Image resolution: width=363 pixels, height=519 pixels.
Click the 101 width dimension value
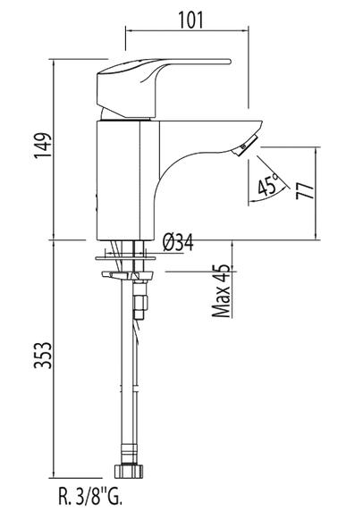pyautogui.click(x=190, y=20)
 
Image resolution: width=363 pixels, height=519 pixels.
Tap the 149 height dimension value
pyautogui.click(x=43, y=146)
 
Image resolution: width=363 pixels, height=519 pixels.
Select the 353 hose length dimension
pyautogui.click(x=43, y=356)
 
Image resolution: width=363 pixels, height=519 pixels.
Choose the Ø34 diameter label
pyautogui.click(x=178, y=243)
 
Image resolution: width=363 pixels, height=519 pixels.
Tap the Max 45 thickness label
pyautogui.click(x=221, y=291)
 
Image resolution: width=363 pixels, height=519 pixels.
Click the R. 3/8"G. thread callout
pyautogui.click(x=90, y=496)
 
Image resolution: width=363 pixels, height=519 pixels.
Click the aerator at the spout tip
pyautogui.click(x=245, y=146)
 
